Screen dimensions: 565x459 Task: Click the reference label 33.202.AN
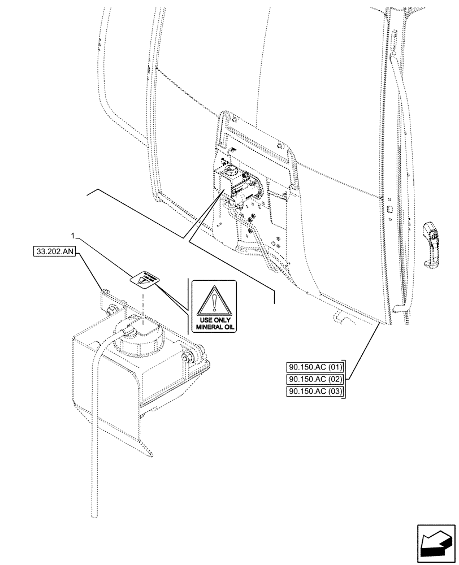tap(54, 250)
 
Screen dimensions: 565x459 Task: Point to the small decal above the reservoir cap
tap(144, 278)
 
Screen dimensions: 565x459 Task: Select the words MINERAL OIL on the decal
tap(215, 327)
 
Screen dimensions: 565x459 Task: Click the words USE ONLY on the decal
tap(215, 319)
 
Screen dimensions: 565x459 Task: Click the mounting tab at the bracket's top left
tap(104, 294)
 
